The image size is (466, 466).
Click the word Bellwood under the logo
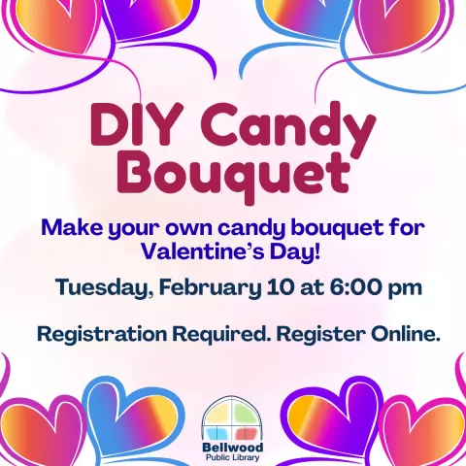(232, 448)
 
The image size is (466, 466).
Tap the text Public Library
(232, 458)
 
